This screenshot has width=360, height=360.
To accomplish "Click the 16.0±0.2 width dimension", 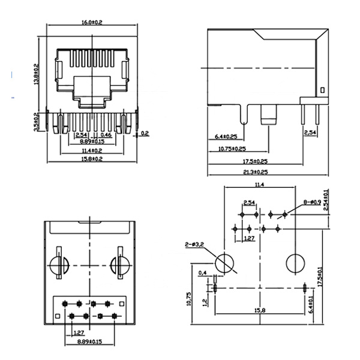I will coord(92,22).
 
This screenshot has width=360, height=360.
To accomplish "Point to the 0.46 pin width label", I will coord(106,135).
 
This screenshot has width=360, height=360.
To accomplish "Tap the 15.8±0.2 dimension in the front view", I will coord(92,158).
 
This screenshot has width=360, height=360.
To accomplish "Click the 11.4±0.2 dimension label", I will coord(92,150).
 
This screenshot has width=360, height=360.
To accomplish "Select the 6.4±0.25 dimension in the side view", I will coord(226,137).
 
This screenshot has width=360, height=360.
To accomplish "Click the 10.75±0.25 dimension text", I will coord(232,148).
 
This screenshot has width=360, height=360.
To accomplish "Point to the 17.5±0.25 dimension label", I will coord(255,161).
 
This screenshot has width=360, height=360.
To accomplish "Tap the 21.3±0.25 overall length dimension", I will coord(255,172).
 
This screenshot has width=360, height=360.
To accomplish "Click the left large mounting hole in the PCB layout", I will coord(224,263).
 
